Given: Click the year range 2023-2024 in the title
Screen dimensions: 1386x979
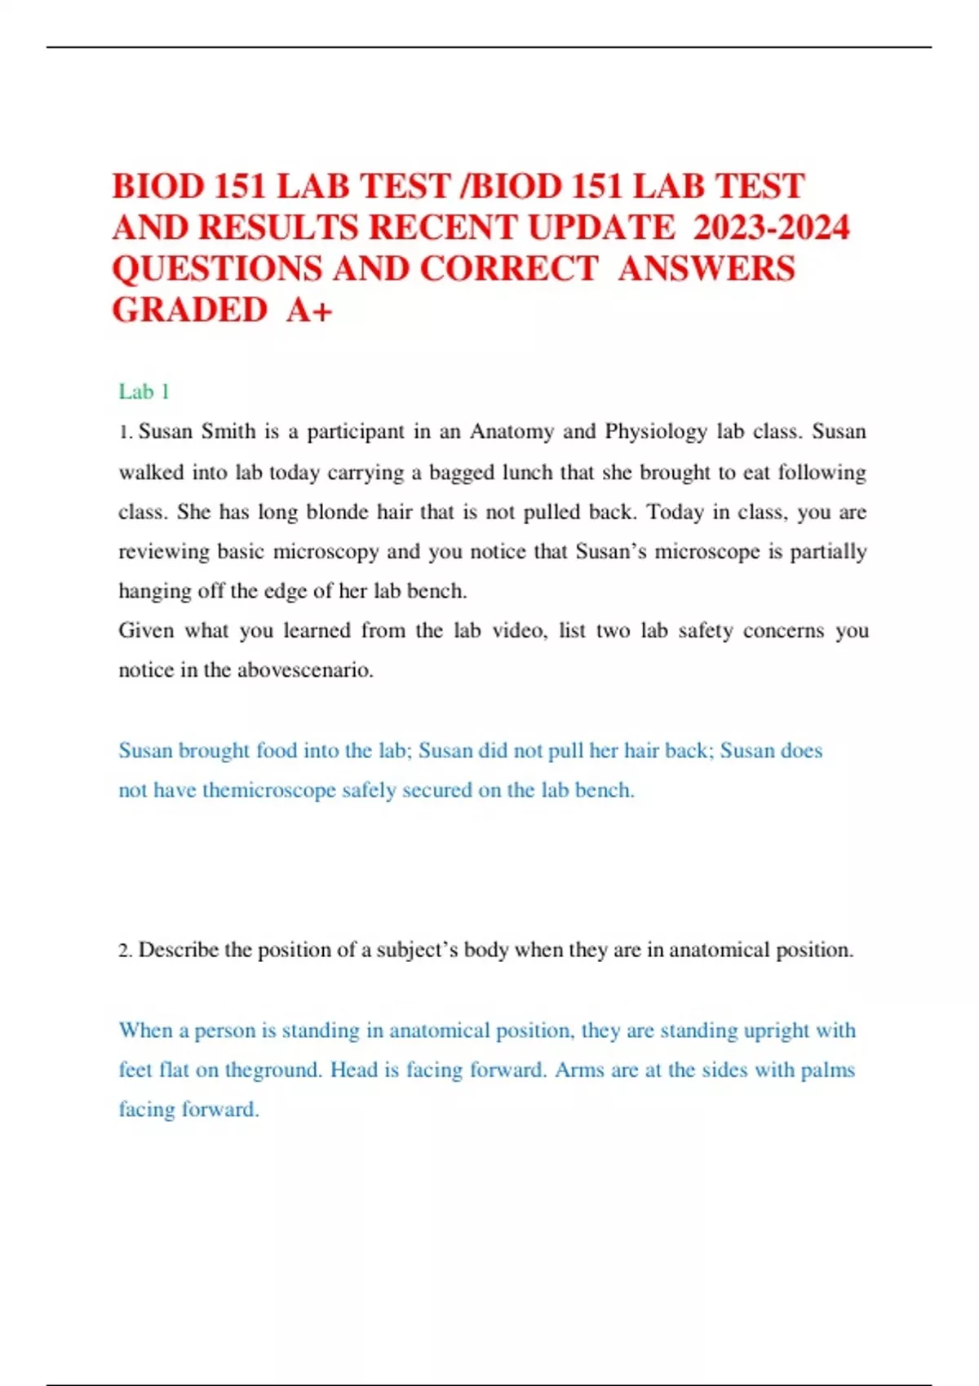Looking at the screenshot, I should [x=771, y=227].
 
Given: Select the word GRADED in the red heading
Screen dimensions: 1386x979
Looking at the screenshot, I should [x=189, y=310].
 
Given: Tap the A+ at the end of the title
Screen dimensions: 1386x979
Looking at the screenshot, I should [x=309, y=310].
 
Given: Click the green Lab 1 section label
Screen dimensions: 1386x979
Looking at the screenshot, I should [x=144, y=392].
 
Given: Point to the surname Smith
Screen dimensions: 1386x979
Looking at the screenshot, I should [x=228, y=431].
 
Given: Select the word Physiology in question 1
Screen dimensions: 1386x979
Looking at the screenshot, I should [x=655, y=431].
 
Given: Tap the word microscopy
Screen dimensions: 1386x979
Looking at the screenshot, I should [x=326, y=552].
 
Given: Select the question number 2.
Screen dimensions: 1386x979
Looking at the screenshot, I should [x=124, y=951].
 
